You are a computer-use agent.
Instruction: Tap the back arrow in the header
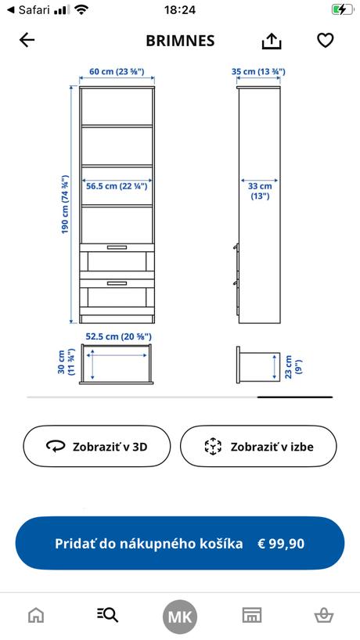27,41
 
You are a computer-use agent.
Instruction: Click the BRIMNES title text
180,41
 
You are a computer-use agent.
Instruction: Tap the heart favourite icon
326,41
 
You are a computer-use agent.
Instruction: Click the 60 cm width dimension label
117,71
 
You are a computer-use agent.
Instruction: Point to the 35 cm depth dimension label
258,71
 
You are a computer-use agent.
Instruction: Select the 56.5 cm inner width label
117,186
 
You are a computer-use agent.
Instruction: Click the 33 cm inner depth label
260,191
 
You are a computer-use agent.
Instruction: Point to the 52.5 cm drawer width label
117,336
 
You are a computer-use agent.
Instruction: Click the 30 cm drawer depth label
66,364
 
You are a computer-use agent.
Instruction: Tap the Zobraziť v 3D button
96,447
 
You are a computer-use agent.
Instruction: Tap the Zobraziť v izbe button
258,447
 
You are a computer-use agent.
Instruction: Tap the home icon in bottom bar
36,615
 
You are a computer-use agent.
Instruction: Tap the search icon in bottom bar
107,615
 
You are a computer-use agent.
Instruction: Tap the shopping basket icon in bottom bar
323,615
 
